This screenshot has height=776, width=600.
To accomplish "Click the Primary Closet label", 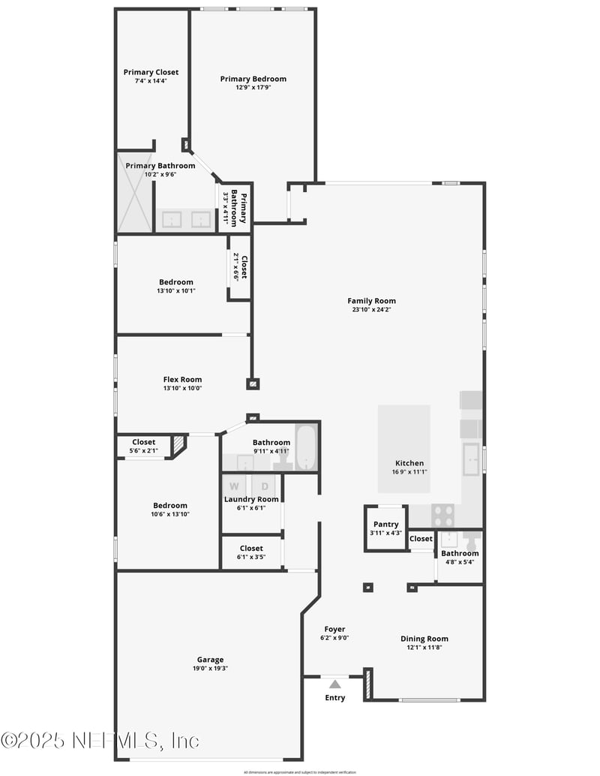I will (151, 72).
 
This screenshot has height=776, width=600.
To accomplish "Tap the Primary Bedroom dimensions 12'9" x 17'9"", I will (253, 87).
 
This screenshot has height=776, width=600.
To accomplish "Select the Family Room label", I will (371, 301).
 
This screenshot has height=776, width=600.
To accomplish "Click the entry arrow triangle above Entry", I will (334, 684).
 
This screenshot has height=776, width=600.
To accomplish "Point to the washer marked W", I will (234, 486).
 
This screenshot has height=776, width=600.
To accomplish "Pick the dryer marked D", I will (264, 486).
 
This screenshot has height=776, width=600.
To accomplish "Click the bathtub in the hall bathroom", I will (307, 448).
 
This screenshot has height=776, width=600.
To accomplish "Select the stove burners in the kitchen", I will (443, 516).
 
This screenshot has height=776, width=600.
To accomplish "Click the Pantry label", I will (385, 524).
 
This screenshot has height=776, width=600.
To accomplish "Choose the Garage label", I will (210, 660).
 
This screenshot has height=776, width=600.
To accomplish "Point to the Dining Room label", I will (424, 639).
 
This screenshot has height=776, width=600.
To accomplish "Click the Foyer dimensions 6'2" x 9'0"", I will (334, 638).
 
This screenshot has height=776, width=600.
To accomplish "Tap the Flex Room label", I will (182, 380).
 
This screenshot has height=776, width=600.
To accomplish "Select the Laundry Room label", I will (251, 499).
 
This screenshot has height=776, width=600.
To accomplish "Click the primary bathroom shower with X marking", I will (135, 192).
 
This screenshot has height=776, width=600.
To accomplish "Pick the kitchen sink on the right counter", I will (471, 459).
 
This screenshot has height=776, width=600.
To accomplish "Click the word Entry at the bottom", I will (335, 698).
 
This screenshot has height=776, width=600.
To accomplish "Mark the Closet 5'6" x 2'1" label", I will (143, 442).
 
